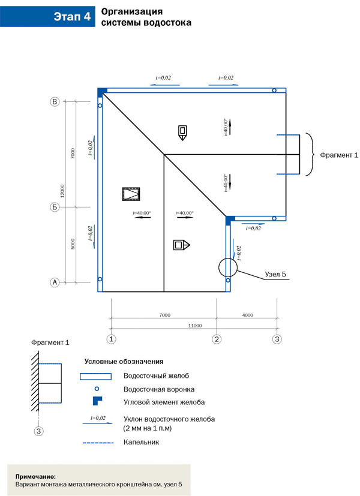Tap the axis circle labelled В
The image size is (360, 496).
tap(55, 103)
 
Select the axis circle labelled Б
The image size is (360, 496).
tap(55, 208)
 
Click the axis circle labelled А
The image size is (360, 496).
tap(55, 282)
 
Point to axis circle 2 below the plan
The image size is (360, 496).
tap(217, 339)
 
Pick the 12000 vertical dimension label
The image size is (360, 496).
tap(62, 191)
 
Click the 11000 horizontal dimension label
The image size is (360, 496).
tap(194, 325)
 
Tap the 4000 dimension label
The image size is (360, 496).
tap(247, 314)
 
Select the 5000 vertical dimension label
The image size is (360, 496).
tap(72, 244)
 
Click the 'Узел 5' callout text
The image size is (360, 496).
tap(276, 275)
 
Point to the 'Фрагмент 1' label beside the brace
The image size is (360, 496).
tap(339, 155)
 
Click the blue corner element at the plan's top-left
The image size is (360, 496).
tap(102, 91)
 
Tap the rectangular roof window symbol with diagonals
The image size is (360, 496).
tap(130, 194)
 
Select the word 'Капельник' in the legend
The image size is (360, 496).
tap(141, 442)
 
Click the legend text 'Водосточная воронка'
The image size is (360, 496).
tap(155, 389)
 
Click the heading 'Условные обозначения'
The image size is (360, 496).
tap(123, 362)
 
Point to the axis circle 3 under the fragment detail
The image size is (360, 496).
tap(39, 431)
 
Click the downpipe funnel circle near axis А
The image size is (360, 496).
tap(100, 279)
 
